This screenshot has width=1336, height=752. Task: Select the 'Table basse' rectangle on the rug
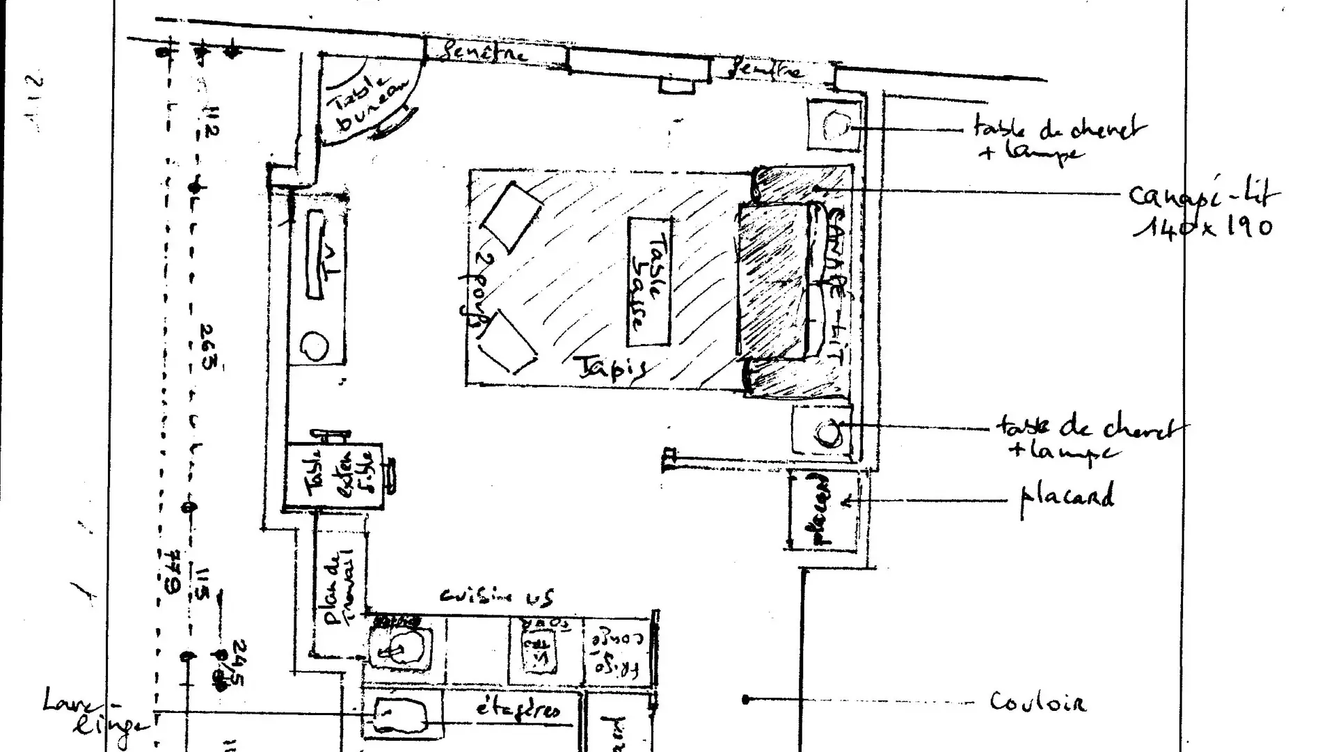(x=649, y=281)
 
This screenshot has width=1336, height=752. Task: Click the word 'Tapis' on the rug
(x=611, y=368)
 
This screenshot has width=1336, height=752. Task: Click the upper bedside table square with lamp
(x=834, y=125)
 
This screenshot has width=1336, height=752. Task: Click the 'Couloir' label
(x=1037, y=702)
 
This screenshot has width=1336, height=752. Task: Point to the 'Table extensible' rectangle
(x=334, y=476)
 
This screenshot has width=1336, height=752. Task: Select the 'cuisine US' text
(x=497, y=597)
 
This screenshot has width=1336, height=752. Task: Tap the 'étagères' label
(x=518, y=710)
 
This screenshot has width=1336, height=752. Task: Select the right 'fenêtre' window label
(x=765, y=70)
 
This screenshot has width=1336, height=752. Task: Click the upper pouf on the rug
(x=511, y=217)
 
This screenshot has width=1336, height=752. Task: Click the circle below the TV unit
(x=315, y=345)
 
